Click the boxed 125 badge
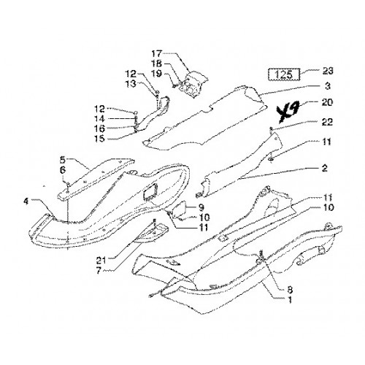(284, 74)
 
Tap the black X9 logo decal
(288, 113)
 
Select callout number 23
(328, 72)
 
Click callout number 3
(328, 86)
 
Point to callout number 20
(327, 102)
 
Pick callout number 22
(327, 122)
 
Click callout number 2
(325, 169)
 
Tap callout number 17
(157, 53)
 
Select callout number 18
(157, 64)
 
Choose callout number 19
(157, 74)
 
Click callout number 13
(131, 83)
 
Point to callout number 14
(99, 119)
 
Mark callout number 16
(99, 128)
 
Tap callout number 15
(99, 139)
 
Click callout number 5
(63, 160)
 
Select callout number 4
(26, 201)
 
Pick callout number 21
(101, 261)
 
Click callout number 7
(99, 271)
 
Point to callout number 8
(290, 290)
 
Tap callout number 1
(290, 300)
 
